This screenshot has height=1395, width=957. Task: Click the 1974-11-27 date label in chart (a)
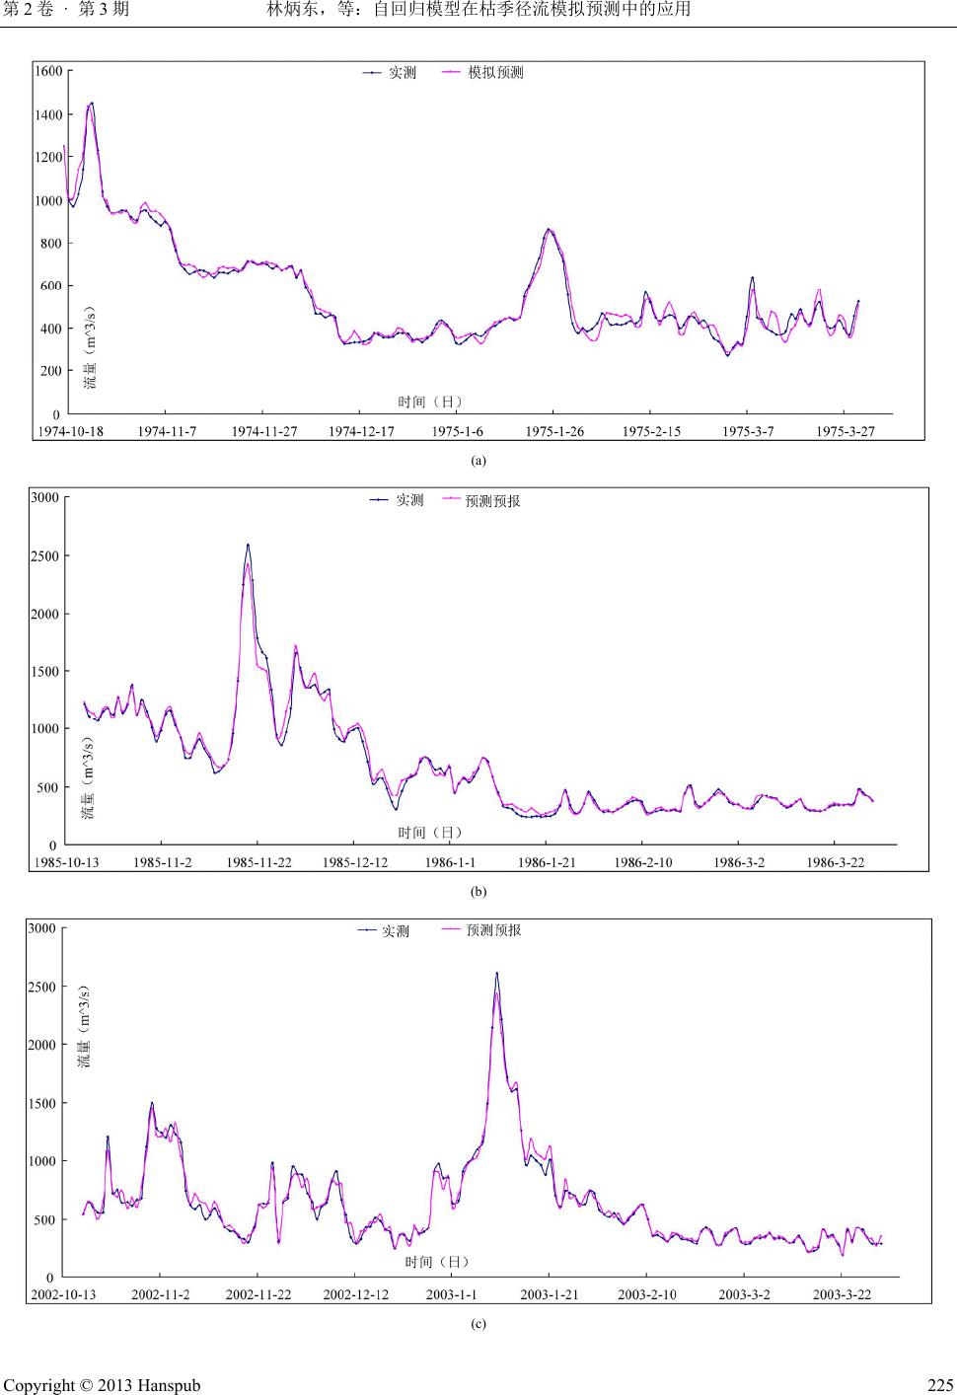[263, 432]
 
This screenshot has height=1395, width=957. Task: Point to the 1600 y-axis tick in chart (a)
[48, 71]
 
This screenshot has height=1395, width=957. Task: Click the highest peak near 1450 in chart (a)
[92, 103]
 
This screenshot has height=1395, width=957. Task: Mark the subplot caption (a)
[478, 460]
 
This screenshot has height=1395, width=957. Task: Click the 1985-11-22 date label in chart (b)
[258, 863]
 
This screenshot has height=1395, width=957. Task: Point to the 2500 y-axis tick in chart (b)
[45, 555]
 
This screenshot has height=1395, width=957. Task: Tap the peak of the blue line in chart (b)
[248, 545]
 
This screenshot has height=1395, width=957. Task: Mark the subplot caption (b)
[478, 891]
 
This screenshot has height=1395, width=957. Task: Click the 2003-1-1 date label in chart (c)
[451, 1294]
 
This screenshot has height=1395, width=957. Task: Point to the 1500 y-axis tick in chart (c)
[43, 1103]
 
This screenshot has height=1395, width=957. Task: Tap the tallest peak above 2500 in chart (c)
[496, 974]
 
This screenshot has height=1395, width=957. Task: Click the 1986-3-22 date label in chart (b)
[835, 863]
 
